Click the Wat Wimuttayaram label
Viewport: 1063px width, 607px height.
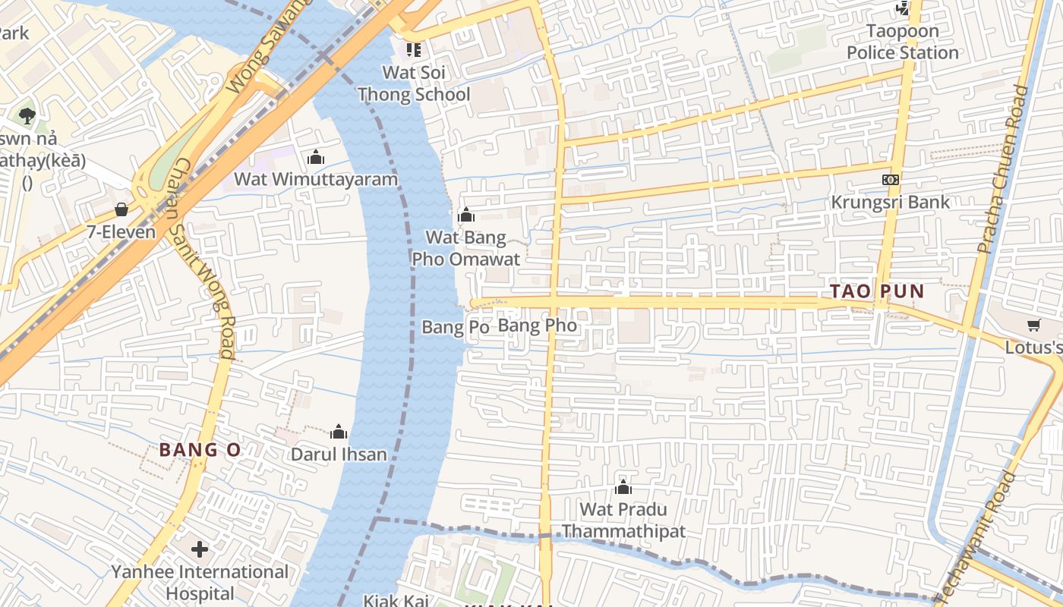pyautogui.click(x=316, y=180)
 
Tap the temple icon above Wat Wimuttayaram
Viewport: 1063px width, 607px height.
pyautogui.click(x=316, y=158)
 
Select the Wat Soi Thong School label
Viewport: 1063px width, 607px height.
pyautogui.click(x=414, y=83)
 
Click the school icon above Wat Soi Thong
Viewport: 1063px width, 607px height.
pyautogui.click(x=413, y=50)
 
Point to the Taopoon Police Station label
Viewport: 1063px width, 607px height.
pyautogui.click(x=903, y=42)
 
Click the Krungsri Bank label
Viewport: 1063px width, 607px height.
pyautogui.click(x=891, y=202)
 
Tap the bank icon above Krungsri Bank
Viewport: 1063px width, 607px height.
pyautogui.click(x=891, y=180)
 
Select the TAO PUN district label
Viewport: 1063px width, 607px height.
pyautogui.click(x=877, y=291)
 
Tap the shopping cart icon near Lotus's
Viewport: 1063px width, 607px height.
pyautogui.click(x=1033, y=326)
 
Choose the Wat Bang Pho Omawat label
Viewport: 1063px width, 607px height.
pyautogui.click(x=465, y=248)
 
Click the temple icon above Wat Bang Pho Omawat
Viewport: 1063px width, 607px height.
pyautogui.click(x=466, y=216)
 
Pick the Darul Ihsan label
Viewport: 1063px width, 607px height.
pyautogui.click(x=339, y=454)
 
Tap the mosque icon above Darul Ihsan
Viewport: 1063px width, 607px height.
pyautogui.click(x=339, y=432)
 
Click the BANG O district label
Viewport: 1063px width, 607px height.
pyautogui.click(x=200, y=450)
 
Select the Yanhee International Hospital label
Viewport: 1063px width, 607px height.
pyautogui.click(x=200, y=582)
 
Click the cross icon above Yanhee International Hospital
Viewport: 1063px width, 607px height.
pyautogui.click(x=200, y=549)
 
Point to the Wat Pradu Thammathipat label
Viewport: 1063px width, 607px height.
pyautogui.click(x=623, y=520)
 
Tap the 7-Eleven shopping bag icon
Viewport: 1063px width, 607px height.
pyautogui.click(x=121, y=209)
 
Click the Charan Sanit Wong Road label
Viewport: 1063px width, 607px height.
pyautogui.click(x=203, y=258)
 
